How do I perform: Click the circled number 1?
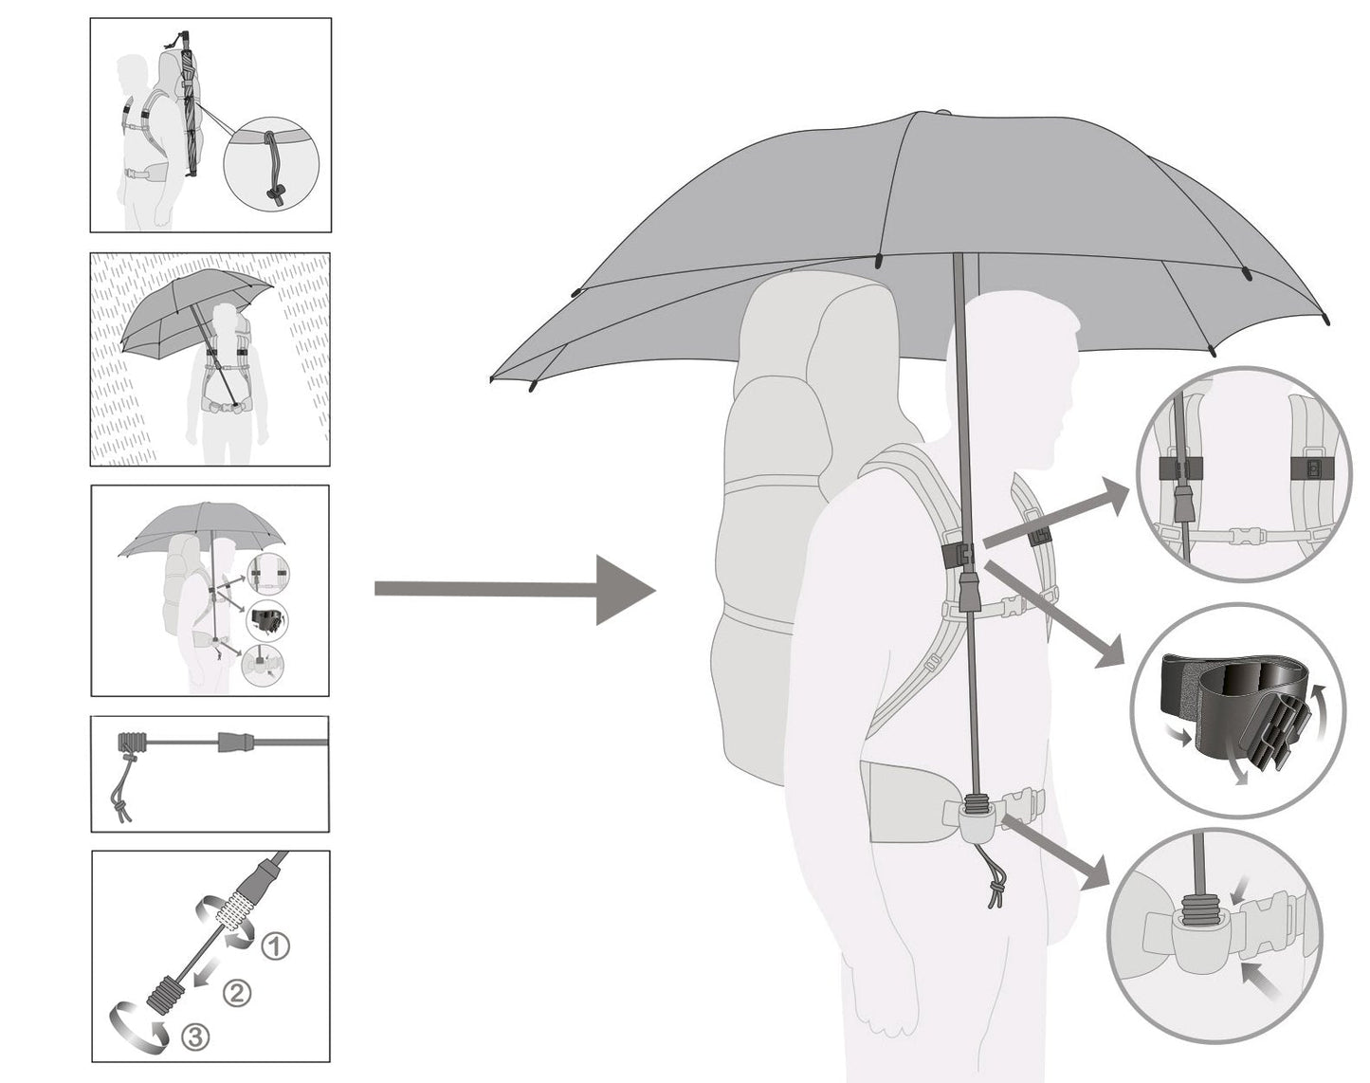tap(275, 945)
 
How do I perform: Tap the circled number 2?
tap(236, 992)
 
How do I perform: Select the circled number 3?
tap(194, 1037)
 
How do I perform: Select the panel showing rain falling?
tap(210, 359)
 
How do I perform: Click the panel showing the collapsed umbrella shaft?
tap(210, 774)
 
